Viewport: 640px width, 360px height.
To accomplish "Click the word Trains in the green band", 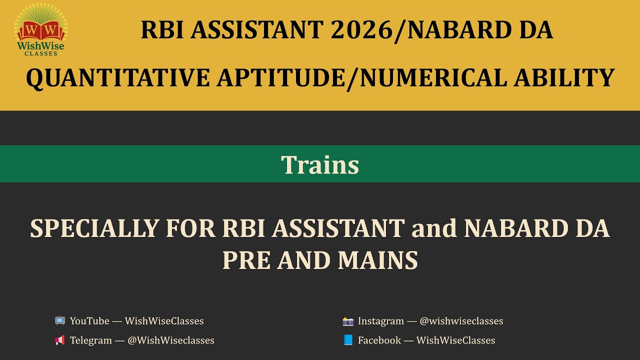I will (x=320, y=164).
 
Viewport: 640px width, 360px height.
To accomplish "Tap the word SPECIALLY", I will (x=93, y=228).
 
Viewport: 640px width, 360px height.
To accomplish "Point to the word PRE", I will (x=245, y=260).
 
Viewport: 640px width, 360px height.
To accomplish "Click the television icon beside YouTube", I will (x=60, y=321).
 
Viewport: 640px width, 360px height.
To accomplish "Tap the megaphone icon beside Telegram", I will (x=60, y=340).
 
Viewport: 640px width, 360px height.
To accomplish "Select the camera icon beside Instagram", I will (x=348, y=321).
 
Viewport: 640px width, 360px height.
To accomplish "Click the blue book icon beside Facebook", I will (x=348, y=340).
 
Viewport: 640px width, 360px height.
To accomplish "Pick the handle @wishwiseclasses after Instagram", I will (x=461, y=321).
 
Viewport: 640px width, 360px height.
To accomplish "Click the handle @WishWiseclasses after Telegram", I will (x=171, y=340).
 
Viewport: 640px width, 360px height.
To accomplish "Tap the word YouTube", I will (x=90, y=321).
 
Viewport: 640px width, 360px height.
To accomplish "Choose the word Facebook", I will (x=379, y=340).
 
